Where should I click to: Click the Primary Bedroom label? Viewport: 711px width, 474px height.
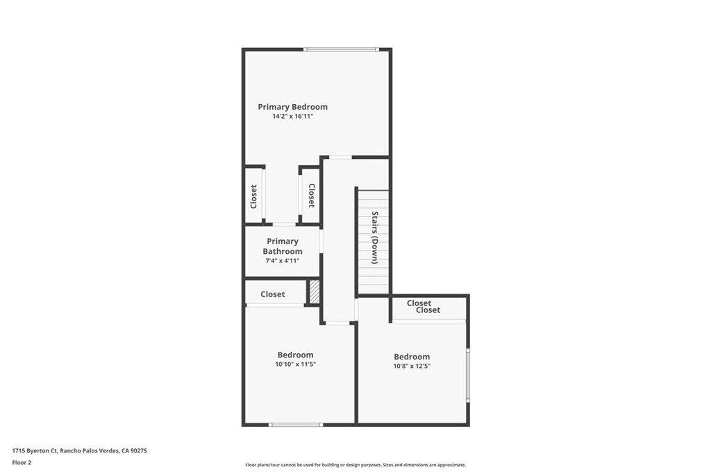292,107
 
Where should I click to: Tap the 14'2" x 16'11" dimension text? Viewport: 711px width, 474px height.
292,117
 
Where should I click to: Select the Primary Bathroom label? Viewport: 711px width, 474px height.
283,246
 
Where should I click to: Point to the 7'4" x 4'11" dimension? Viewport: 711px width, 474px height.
283,261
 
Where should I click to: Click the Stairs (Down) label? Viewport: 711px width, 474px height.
375,237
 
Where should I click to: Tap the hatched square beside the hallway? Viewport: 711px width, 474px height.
315,291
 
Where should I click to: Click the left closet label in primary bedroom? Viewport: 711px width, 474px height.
253,196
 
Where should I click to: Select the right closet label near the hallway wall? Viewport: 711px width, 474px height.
311,196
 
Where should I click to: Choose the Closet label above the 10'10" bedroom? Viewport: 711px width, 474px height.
273,294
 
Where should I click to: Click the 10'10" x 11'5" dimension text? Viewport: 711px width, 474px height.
296,364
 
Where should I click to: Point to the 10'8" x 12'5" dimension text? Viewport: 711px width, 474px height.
412,366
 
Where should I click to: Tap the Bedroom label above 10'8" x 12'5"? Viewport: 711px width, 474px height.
412,357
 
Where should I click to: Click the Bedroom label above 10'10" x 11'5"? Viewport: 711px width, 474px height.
296,355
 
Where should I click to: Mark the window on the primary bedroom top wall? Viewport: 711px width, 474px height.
341,49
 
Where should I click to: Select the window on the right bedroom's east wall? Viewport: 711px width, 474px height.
468,375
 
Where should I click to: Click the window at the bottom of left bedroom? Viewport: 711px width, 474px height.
296,424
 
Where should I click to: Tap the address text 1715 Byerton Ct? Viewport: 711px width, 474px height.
79,450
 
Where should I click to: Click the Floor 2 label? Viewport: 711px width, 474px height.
22,462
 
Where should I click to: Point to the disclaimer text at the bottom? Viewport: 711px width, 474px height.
355,465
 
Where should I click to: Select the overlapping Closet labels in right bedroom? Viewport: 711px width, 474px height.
424,307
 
